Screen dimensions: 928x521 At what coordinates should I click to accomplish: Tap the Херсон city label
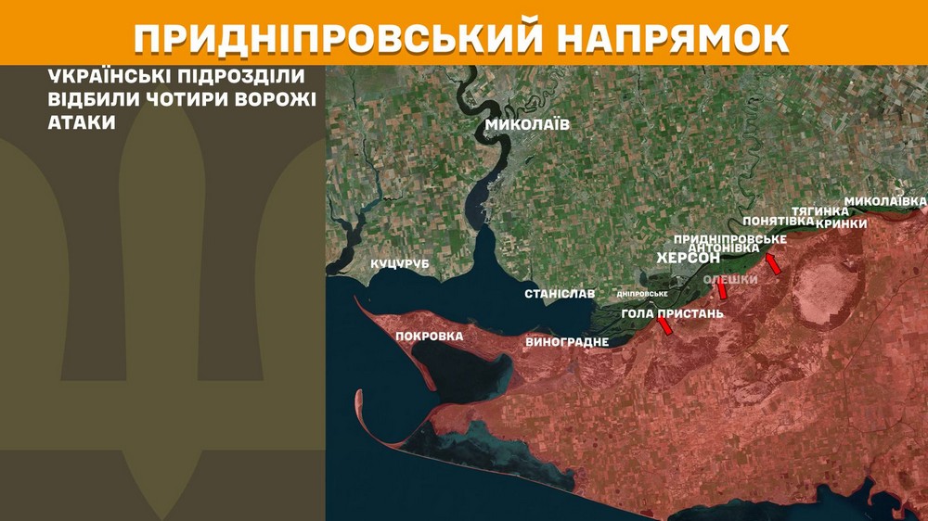[x=688, y=258]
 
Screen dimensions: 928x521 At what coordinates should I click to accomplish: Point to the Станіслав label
[x=560, y=294]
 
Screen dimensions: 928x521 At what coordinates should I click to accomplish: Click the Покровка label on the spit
[x=429, y=336]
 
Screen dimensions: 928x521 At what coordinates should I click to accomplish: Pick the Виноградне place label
[x=567, y=342]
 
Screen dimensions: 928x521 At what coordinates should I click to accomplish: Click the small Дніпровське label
[x=642, y=294]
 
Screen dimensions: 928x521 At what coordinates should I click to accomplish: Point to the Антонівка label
[x=724, y=248]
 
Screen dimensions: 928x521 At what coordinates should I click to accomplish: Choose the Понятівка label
[x=779, y=222]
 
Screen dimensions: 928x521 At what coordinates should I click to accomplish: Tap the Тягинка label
[x=819, y=211]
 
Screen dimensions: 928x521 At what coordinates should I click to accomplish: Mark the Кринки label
[x=842, y=223]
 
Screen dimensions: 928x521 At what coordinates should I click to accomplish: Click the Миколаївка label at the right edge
[x=884, y=201]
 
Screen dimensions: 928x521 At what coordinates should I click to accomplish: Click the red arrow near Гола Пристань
[x=664, y=325]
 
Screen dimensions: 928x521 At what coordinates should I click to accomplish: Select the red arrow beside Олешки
[x=722, y=291]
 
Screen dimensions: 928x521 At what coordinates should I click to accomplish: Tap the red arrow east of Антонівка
[x=772, y=264]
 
